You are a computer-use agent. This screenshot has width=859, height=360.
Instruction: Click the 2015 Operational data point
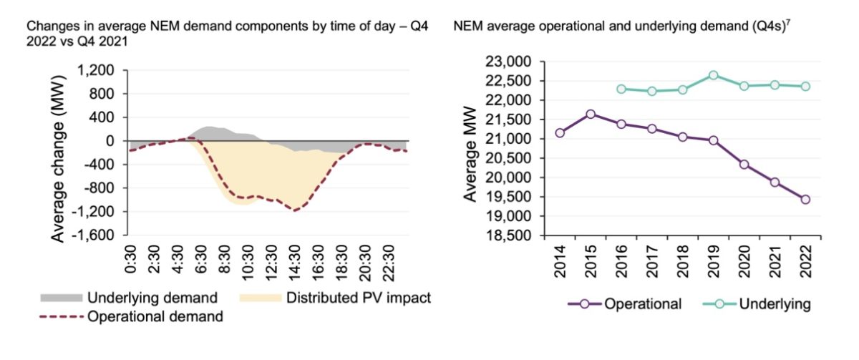pyautogui.click(x=591, y=114)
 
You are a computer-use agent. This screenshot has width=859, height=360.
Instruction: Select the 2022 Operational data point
pyautogui.click(x=805, y=199)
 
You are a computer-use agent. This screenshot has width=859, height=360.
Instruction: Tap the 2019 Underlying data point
pyautogui.click(x=713, y=75)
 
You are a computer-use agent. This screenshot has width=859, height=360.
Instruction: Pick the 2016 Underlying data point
pyautogui.click(x=621, y=89)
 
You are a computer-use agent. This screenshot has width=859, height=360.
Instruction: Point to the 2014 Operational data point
pyautogui.click(x=560, y=132)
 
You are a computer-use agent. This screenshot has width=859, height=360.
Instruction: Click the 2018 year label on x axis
pyautogui.click(x=682, y=261)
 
